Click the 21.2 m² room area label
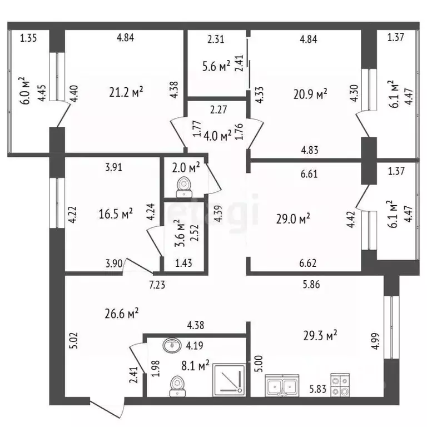126,92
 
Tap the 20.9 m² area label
310,94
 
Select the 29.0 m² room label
293,219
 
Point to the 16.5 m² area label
116,213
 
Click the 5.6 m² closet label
216,66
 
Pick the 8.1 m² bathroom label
195,366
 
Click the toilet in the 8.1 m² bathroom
177,386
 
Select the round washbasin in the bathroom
172,345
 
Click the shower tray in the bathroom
229,380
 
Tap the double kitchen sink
282,385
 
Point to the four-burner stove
340,385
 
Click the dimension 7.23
157,285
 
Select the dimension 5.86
311,285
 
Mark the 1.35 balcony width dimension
28,38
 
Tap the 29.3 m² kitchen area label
320,335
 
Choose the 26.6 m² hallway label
121,314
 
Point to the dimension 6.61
309,173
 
